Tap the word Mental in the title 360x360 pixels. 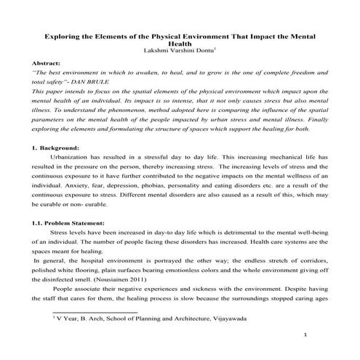300,34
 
